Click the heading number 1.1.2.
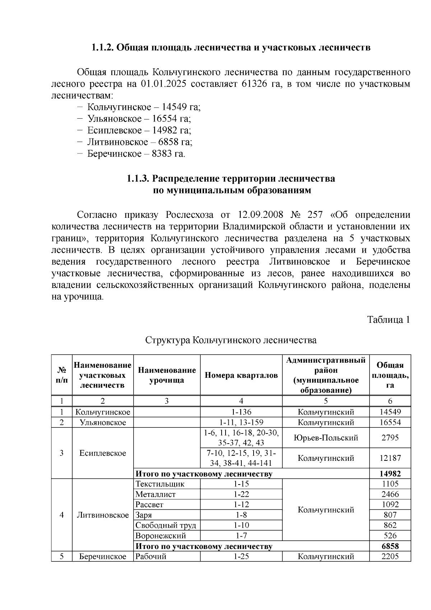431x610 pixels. tap(102, 47)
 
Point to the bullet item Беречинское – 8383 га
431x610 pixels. tap(136, 154)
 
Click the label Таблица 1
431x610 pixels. tap(388, 320)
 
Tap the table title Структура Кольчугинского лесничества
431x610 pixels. tap(231, 340)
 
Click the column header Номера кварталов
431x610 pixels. tap(241, 375)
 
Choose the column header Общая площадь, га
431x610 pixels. tap(390, 375)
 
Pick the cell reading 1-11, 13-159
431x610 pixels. tap(241, 422)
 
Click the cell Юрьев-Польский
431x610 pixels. tap(326, 438)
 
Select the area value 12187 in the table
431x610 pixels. tap(390, 458)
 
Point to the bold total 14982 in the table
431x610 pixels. tap(390, 474)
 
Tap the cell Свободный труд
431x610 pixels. tap(166, 525)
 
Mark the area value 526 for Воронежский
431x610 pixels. tap(390, 536)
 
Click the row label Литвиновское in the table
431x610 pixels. tap(103, 515)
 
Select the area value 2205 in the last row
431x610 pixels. tap(390, 556)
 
